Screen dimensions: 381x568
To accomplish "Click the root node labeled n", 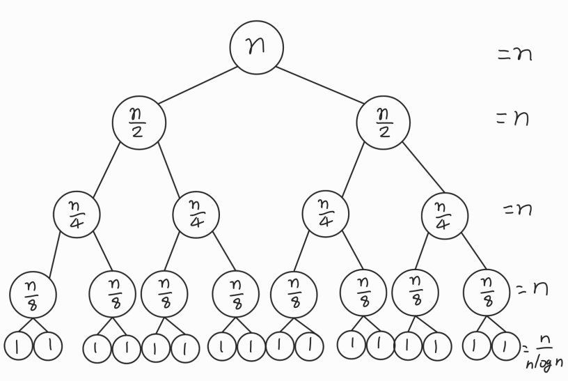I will tap(257, 47).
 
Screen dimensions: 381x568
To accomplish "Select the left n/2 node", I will tap(139, 123).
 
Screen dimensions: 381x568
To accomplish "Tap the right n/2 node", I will tap(384, 123).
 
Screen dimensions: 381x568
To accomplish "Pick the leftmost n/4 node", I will tap(77, 213).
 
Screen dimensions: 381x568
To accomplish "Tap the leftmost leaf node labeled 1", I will tap(18, 346).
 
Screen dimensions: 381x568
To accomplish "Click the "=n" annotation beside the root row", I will tap(515, 54).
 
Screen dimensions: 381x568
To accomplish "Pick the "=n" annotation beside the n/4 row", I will tap(517, 208).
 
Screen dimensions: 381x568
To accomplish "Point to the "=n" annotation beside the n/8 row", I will tap(532, 288).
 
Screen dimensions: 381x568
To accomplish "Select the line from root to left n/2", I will tap(198, 85).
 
